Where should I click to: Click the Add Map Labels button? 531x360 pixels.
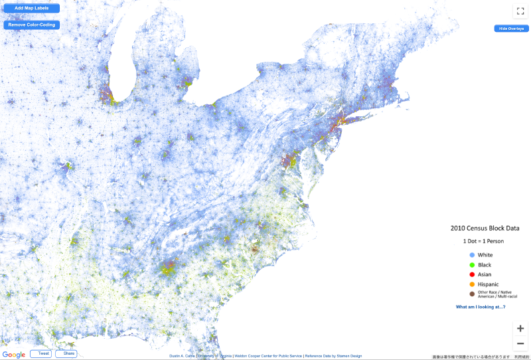pyautogui.click(x=31, y=9)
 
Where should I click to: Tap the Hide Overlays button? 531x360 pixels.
pyautogui.click(x=511, y=29)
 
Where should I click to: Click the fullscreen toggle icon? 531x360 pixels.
pyautogui.click(x=520, y=11)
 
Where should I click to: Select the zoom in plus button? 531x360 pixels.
pyautogui.click(x=521, y=328)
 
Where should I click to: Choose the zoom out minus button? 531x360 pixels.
pyautogui.click(x=521, y=343)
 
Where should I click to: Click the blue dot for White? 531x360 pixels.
pyautogui.click(x=472, y=255)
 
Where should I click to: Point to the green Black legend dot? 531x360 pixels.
pyautogui.click(x=472, y=264)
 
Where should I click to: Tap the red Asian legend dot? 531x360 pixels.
pyautogui.click(x=472, y=274)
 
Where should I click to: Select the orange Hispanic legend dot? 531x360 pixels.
pyautogui.click(x=472, y=284)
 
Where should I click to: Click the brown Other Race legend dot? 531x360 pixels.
pyautogui.click(x=472, y=294)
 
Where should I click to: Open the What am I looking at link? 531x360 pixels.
pyautogui.click(x=481, y=307)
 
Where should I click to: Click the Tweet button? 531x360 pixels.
pyautogui.click(x=40, y=354)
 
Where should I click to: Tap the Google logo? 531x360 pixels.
pyautogui.click(x=14, y=354)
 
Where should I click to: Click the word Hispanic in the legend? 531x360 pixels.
pyautogui.click(x=489, y=284)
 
